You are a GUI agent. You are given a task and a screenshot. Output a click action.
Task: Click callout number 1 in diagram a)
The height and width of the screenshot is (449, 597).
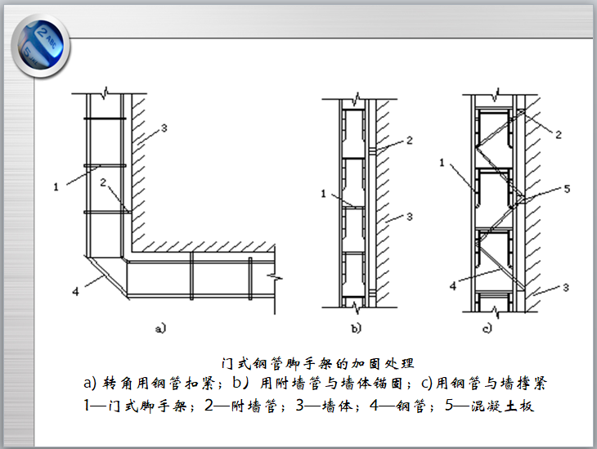(x=57, y=186)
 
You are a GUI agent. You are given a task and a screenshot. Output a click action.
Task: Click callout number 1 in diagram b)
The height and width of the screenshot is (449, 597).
(x=323, y=194)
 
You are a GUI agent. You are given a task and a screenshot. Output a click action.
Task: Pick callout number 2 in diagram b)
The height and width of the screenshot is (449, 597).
(x=409, y=141)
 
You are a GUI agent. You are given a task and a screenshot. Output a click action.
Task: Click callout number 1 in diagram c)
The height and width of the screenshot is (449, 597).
(x=442, y=164)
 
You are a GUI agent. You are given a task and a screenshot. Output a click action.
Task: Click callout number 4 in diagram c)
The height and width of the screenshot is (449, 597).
(x=452, y=285)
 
